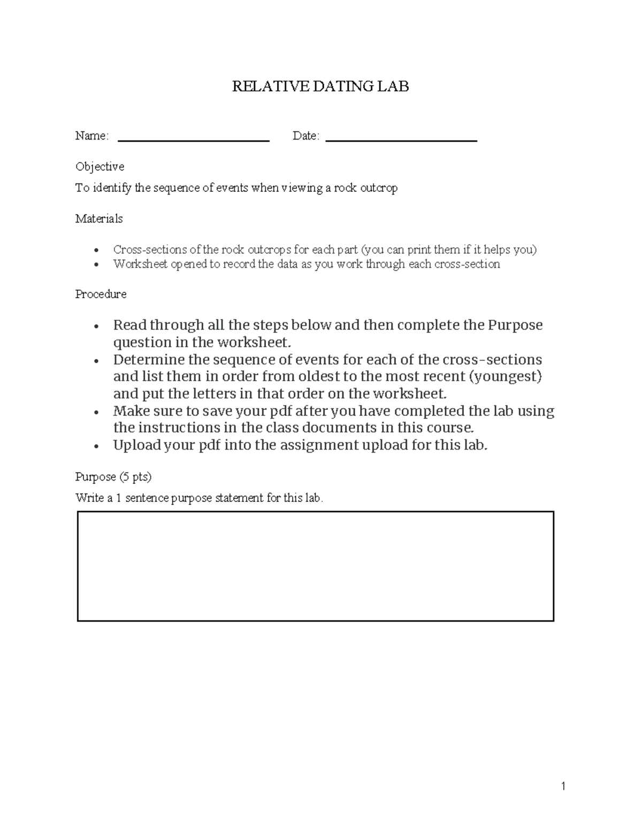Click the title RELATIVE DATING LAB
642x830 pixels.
[320, 87]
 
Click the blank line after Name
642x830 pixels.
[193, 141]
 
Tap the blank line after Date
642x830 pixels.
[401, 141]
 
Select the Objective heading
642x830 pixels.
[100, 167]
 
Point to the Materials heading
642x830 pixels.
[99, 219]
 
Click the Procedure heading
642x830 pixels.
[101, 294]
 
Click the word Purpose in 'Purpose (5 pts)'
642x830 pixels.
[96, 477]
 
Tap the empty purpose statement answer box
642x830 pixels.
[315, 566]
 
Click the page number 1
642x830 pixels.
[563, 786]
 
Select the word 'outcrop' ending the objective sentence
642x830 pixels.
[379, 188]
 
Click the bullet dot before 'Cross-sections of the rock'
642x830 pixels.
[96, 251]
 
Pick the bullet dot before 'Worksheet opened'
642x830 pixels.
[96, 265]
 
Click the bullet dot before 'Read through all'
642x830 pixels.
[96, 327]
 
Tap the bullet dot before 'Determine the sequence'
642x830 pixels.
[96, 361]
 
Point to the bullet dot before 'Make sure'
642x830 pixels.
[96, 413]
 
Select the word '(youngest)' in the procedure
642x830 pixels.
[505, 377]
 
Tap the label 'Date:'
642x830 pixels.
[306, 136]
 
